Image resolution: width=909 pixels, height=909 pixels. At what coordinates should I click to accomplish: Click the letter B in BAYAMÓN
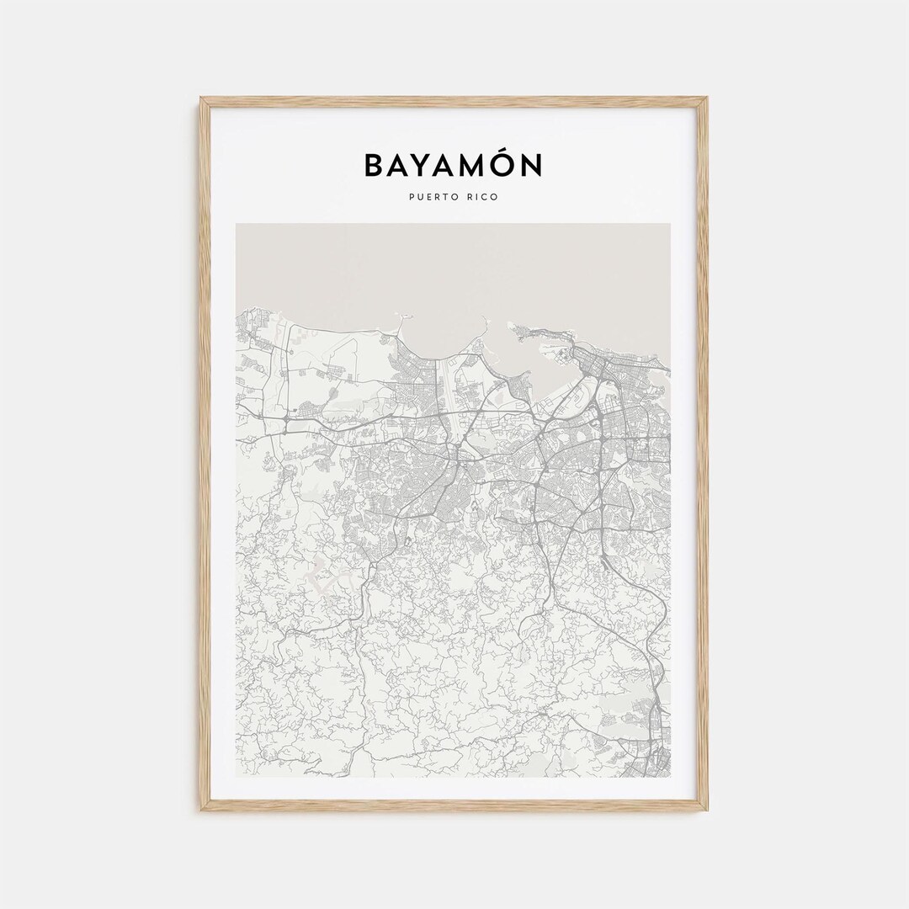[x=374, y=166]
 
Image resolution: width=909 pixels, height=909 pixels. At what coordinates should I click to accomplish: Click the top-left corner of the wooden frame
[x=202, y=99]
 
